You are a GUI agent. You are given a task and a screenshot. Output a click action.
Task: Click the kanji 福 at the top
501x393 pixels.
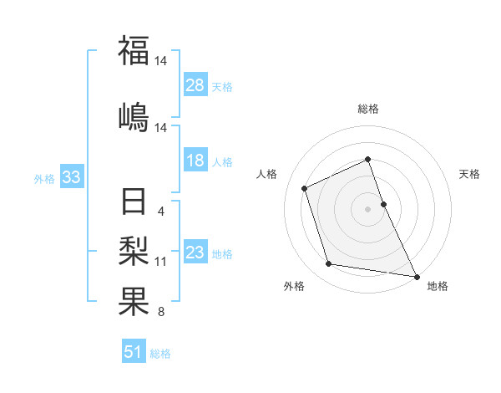134,50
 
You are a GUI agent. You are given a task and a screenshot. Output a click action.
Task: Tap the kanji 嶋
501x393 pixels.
134,117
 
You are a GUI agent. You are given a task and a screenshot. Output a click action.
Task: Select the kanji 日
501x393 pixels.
134,203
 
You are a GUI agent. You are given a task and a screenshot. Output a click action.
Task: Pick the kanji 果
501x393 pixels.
134,301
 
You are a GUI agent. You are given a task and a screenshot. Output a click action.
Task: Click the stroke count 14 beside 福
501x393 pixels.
162,61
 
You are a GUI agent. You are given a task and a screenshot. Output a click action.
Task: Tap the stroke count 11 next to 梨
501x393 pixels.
161,262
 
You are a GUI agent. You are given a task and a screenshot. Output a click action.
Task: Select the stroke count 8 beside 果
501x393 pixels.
160,313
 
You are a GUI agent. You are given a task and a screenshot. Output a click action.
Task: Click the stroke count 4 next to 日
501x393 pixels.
160,212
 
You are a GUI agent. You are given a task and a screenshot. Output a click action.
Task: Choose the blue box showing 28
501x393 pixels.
195,85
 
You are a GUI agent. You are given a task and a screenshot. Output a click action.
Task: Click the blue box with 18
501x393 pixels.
195,161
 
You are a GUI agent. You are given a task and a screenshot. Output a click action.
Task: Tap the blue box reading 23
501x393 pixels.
195,253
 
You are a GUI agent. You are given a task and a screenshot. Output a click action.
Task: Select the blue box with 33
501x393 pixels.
70,177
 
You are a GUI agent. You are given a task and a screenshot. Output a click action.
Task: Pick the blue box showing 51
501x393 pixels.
134,352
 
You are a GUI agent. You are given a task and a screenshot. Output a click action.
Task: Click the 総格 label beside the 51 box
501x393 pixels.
160,354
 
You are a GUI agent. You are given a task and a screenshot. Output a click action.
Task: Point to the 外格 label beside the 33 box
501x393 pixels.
44,179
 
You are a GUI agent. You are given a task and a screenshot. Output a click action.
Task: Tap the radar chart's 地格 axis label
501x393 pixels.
438,287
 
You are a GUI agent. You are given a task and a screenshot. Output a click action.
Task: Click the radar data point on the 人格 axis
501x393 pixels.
305,187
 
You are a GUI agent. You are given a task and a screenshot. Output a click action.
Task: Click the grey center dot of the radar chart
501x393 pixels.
367,208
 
